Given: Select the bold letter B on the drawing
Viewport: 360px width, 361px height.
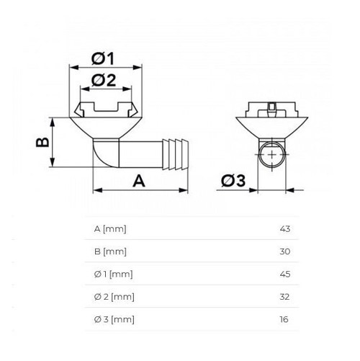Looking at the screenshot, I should [x=43, y=141].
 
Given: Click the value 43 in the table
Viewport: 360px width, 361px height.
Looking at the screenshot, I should [x=284, y=229].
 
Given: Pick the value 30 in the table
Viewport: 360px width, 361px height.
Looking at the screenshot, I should [x=284, y=251].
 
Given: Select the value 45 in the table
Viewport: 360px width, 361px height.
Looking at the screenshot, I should [x=284, y=274].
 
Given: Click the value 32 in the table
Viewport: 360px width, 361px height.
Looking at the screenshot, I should [x=284, y=296].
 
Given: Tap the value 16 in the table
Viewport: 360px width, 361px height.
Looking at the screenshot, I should [x=284, y=318].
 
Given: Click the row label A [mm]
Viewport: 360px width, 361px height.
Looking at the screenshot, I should [x=110, y=229].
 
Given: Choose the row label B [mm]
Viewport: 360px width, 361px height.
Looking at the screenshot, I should [x=110, y=251].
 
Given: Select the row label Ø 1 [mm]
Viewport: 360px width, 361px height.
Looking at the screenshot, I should [x=114, y=274].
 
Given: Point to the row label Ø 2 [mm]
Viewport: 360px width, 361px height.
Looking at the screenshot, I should [x=114, y=296].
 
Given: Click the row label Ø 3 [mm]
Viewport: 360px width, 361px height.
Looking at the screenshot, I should [x=114, y=318].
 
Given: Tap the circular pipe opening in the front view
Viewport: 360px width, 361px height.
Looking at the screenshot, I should [x=271, y=155].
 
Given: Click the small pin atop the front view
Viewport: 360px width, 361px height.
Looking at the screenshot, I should [x=271, y=110].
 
